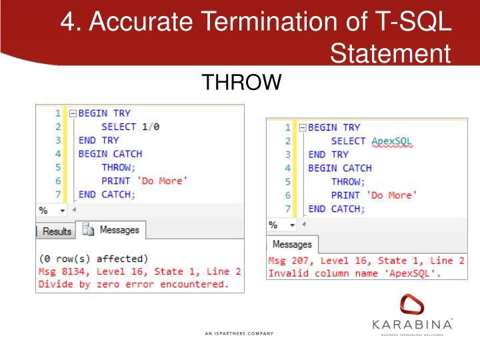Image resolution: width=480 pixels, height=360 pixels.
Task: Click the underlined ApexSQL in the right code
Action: pos(392,141)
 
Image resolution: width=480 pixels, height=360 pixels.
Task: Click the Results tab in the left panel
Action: pos(57,231)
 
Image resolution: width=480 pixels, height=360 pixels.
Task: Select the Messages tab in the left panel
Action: pos(112,230)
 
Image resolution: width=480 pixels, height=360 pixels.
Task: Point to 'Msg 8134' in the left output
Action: pos(61,271)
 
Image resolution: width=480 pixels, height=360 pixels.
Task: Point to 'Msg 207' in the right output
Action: pos(289,260)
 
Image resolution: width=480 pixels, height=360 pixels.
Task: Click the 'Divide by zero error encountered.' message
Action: pos(133,285)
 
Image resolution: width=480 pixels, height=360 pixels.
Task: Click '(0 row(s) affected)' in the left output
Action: pos(93,259)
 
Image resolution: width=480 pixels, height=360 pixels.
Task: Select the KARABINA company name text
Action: pos(413,324)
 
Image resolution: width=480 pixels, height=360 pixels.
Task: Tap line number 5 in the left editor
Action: pos(58,167)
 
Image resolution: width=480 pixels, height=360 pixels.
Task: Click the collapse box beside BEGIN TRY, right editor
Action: pos(302,127)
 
